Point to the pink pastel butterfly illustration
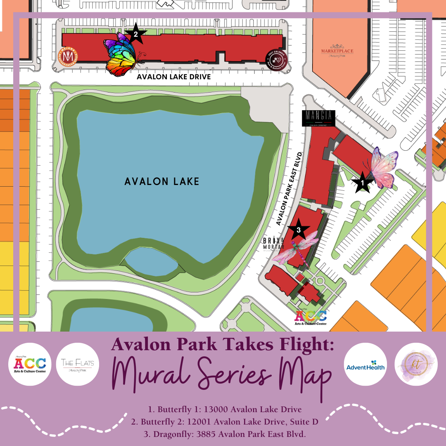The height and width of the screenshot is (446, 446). point(384,169)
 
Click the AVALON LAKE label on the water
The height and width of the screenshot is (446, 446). point(162,181)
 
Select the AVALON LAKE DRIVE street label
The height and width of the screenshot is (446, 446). point(174,77)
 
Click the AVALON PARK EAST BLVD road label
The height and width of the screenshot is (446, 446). point(290,188)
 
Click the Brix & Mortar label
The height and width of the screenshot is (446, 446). point(274,244)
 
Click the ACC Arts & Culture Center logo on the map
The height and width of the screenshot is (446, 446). point(311,318)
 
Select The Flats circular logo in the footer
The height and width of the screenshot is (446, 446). point(77,364)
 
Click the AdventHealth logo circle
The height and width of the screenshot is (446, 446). point(365,364)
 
